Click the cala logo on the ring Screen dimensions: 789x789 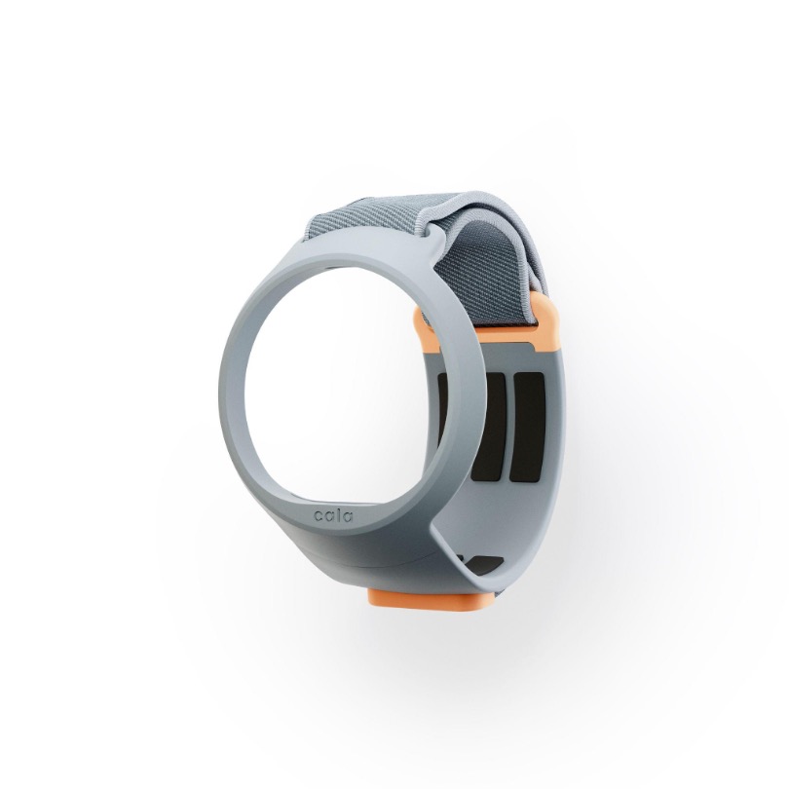tap(333, 516)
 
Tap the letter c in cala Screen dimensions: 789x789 tap(318, 515)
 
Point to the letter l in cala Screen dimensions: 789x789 tap(338, 515)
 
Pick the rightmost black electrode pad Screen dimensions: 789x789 tap(527, 427)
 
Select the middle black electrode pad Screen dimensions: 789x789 tap(489, 427)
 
